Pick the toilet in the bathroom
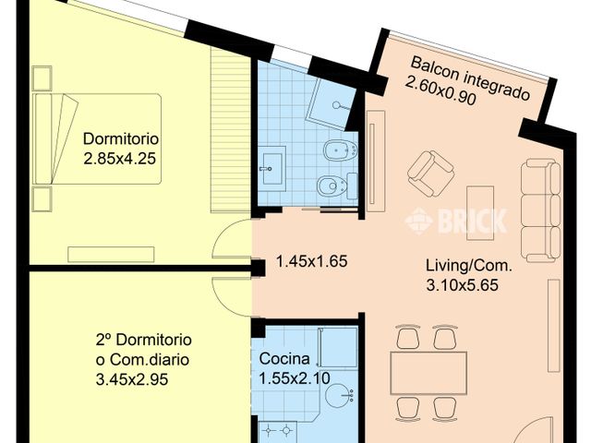tap(330, 187)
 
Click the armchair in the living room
tap(430, 174)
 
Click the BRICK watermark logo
tap(456, 221)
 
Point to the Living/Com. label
tap(469, 267)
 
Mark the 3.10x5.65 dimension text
tap(462, 285)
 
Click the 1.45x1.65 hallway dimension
tap(311, 261)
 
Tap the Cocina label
tap(283, 358)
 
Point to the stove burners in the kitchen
tap(277, 431)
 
